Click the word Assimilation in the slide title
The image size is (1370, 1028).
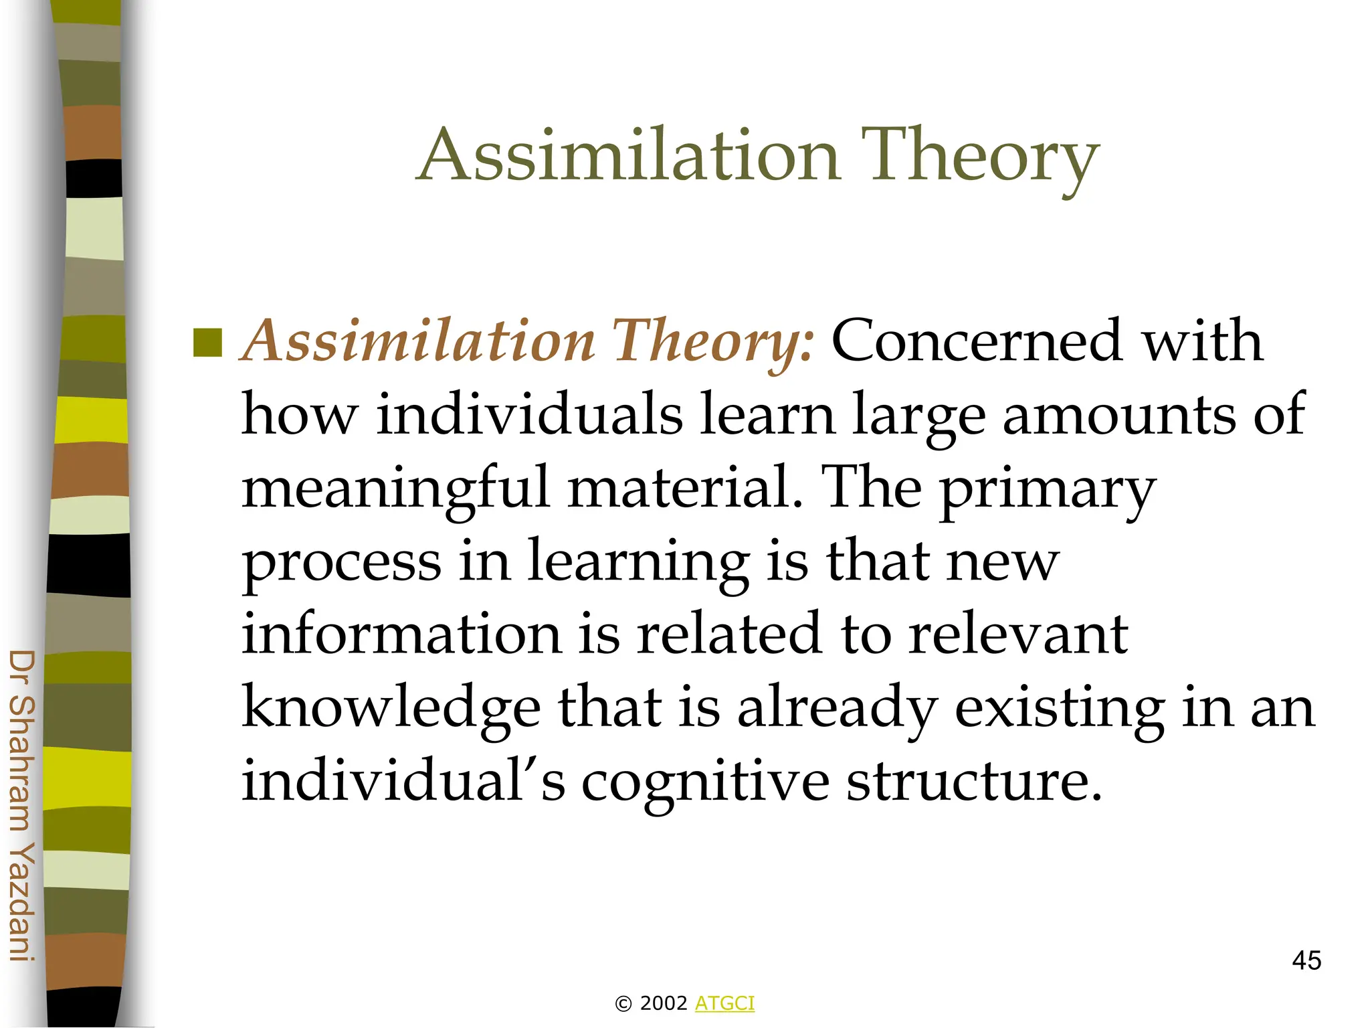(629, 155)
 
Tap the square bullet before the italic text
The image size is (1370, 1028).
(207, 343)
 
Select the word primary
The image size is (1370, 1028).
(1048, 490)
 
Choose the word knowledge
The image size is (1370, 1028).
(391, 708)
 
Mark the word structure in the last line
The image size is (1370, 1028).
(973, 782)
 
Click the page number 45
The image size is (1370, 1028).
(1306, 961)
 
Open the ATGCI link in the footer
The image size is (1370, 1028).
(724, 1003)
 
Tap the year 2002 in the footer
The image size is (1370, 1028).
(664, 1003)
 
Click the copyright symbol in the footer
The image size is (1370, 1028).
(623, 1004)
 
